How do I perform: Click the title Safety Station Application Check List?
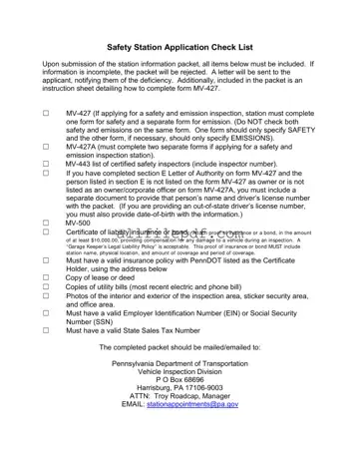click(180, 47)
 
